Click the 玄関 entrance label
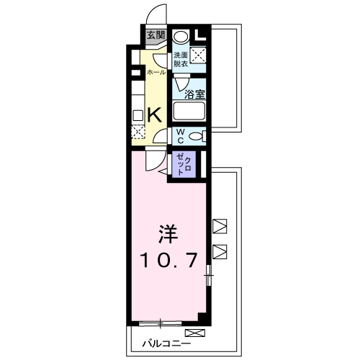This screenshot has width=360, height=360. (x=156, y=35)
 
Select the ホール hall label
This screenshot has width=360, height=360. (x=156, y=73)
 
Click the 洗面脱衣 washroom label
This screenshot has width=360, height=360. (x=181, y=60)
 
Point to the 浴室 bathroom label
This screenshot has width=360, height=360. (x=194, y=94)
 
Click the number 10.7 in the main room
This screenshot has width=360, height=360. (x=168, y=261)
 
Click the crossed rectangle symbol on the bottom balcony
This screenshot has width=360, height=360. (x=194, y=333)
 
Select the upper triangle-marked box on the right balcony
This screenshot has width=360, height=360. (x=220, y=225)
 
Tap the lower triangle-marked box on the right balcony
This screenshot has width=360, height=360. (x=220, y=252)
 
